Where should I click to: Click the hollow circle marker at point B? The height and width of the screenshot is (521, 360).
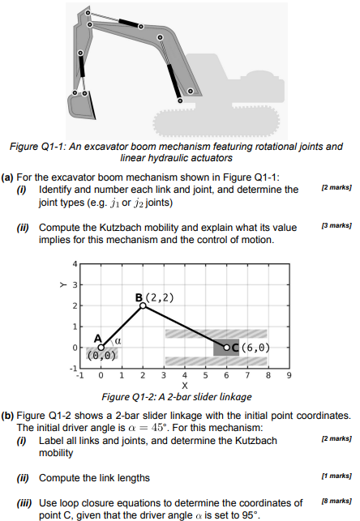143,305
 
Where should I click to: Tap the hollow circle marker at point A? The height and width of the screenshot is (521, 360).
101,347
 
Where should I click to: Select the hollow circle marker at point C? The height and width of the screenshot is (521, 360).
227,347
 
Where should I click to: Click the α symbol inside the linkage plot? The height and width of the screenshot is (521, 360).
118,342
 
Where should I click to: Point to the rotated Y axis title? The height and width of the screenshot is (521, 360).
61,285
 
